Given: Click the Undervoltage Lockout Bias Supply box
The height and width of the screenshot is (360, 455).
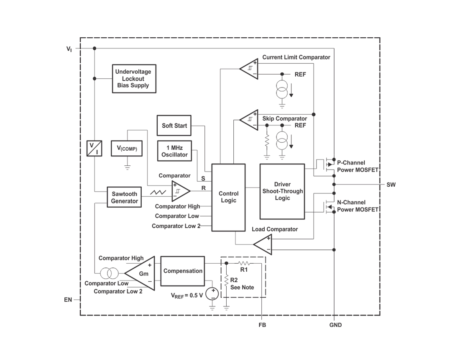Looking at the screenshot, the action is pyautogui.click(x=134, y=79).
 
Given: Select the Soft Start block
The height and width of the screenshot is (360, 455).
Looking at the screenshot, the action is pyautogui.click(x=174, y=126).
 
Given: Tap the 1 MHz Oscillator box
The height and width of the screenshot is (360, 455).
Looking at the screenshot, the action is pyautogui.click(x=174, y=151).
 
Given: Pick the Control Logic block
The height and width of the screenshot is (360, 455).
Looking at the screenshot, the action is pyautogui.click(x=228, y=198).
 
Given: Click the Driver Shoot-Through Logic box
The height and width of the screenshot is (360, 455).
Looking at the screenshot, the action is pyautogui.click(x=282, y=191).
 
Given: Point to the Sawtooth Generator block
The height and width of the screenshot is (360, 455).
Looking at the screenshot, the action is pyautogui.click(x=124, y=197).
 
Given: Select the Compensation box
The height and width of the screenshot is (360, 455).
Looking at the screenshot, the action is pyautogui.click(x=182, y=271).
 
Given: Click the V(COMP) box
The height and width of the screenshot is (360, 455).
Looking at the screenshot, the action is pyautogui.click(x=127, y=149).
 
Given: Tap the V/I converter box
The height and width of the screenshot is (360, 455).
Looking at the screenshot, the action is pyautogui.click(x=95, y=149).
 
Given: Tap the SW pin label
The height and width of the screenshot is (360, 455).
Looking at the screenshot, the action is pyautogui.click(x=391, y=185).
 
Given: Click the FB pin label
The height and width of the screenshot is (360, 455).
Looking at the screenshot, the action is pyautogui.click(x=262, y=325).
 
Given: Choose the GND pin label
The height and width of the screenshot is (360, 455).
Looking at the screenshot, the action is pyautogui.click(x=335, y=325).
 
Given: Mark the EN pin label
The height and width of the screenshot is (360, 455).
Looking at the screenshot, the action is pyautogui.click(x=68, y=300).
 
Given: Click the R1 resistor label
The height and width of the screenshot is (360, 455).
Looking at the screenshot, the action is pyautogui.click(x=244, y=270).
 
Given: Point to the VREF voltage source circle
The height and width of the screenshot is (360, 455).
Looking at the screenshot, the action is pyautogui.click(x=212, y=294).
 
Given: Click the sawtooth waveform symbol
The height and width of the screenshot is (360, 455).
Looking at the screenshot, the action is pyautogui.click(x=158, y=192).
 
